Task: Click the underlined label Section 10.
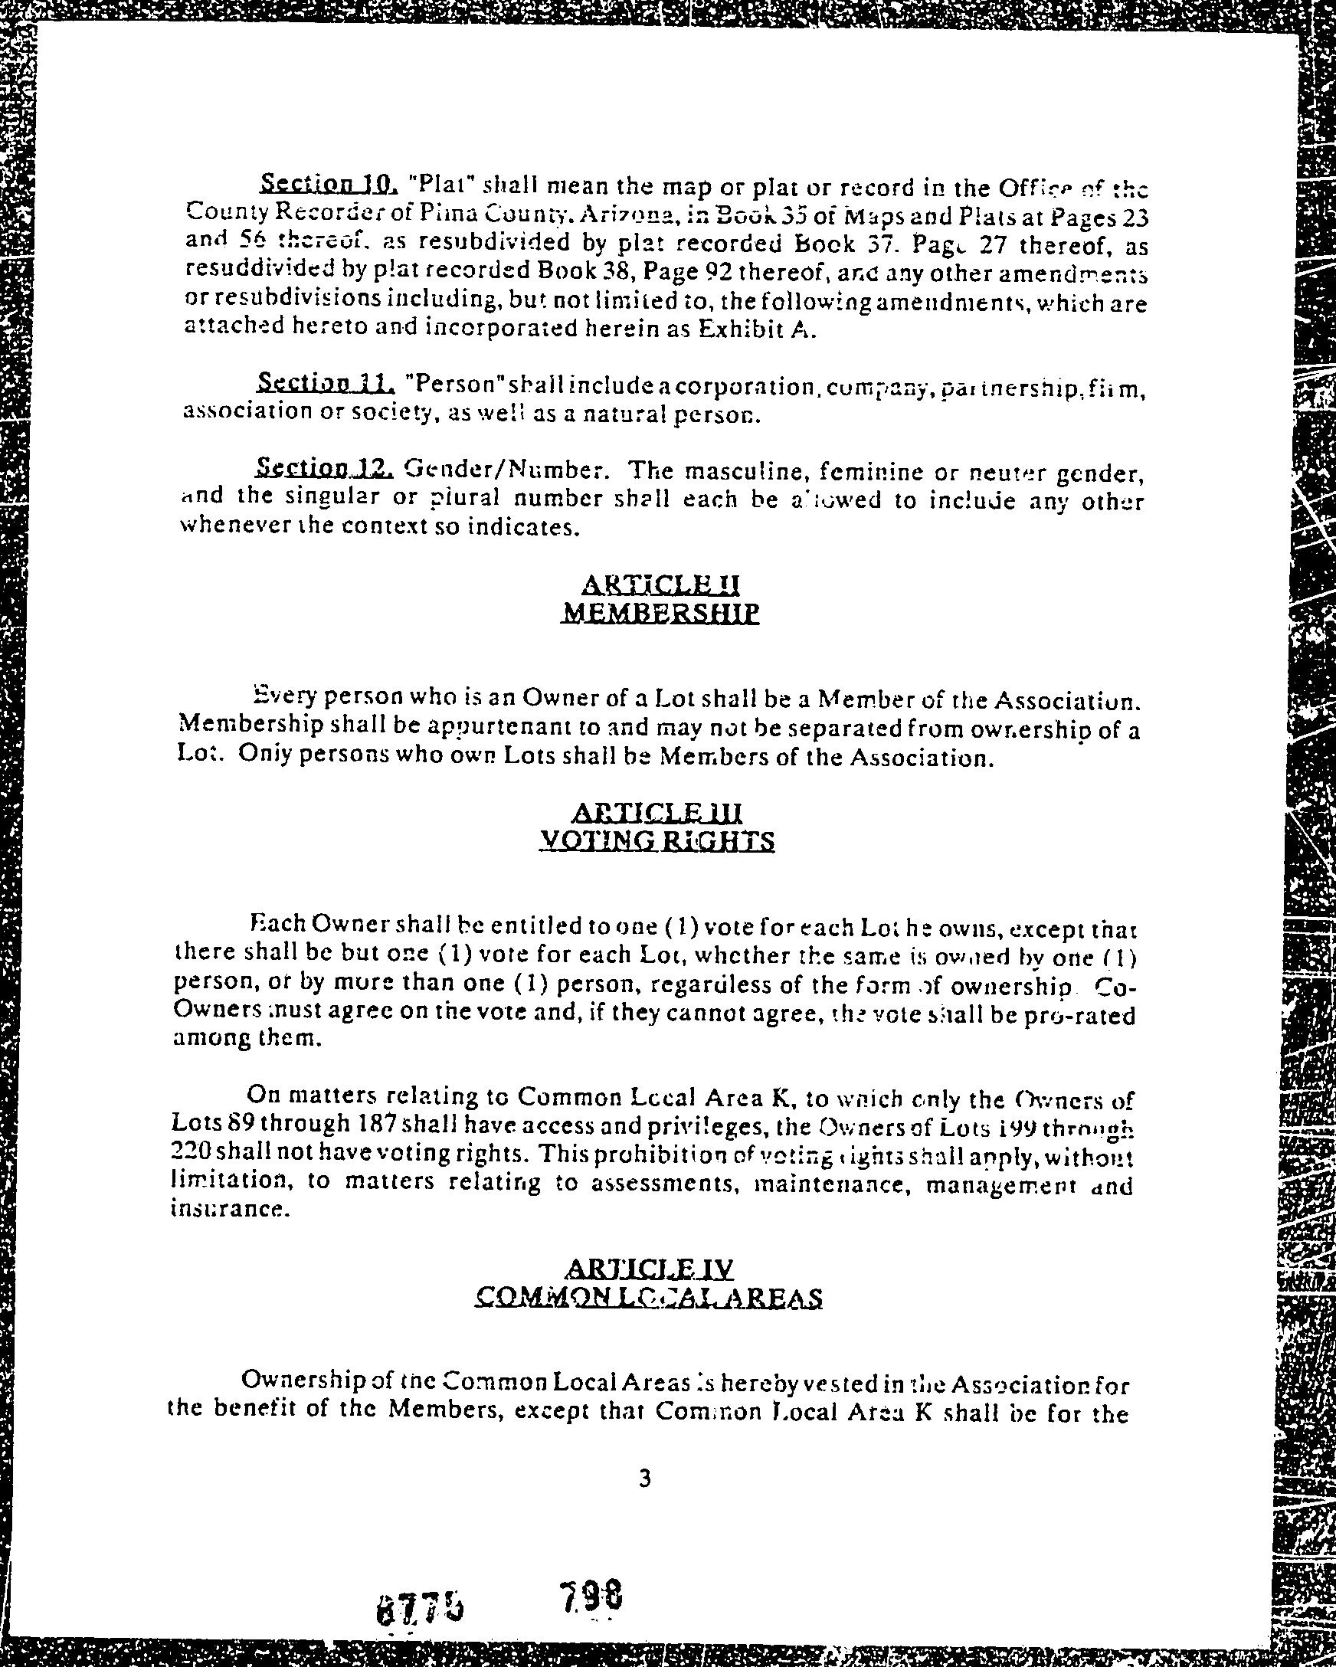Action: [329, 184]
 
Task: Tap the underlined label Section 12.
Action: [326, 468]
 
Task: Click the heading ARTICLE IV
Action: [650, 1269]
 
